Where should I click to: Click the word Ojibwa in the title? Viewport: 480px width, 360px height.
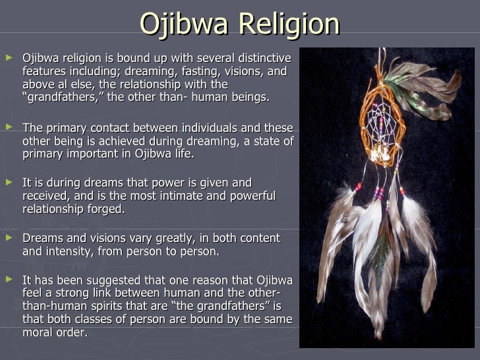point(184,25)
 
